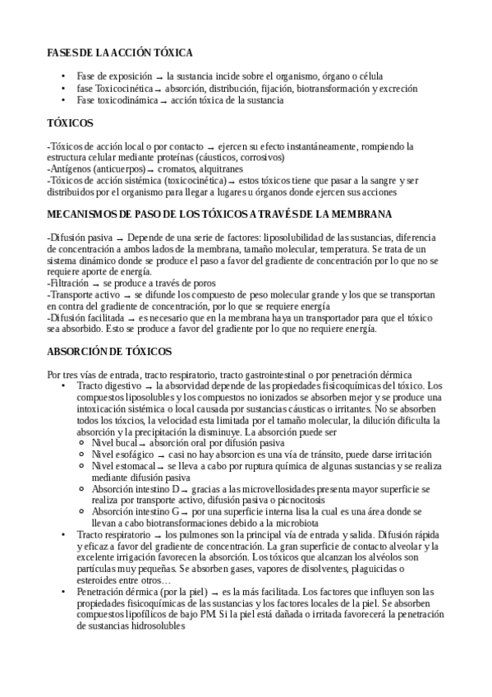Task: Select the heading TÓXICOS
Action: [70, 123]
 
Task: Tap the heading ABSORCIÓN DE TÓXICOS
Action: [109, 352]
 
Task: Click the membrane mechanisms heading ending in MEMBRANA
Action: [219, 215]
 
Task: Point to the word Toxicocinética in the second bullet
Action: [123, 88]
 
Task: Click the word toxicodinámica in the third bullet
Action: [122, 99]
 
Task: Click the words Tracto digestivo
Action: [108, 385]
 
